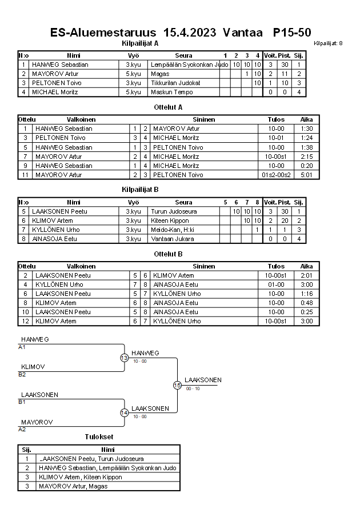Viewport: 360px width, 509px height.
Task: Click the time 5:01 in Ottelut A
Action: pyautogui.click(x=307, y=175)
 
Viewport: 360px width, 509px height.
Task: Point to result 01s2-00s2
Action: pyautogui.click(x=276, y=175)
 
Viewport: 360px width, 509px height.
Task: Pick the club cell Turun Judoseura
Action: pyautogui.click(x=174, y=211)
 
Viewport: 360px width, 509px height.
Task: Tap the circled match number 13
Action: pyautogui.click(x=124, y=358)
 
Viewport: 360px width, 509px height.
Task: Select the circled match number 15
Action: pyautogui.click(x=177, y=386)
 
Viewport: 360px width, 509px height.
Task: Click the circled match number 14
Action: pyautogui.click(x=124, y=413)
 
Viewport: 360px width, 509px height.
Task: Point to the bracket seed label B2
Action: pyautogui.click(x=22, y=375)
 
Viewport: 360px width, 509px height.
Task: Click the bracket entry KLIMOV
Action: pyautogui.click(x=33, y=367)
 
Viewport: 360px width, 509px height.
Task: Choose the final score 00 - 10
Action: pyautogui.click(x=193, y=388)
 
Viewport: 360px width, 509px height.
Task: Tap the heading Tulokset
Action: pyautogui.click(x=99, y=438)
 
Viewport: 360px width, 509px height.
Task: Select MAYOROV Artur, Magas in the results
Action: pyautogui.click(x=73, y=486)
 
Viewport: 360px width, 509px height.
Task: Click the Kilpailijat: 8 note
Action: pyautogui.click(x=328, y=43)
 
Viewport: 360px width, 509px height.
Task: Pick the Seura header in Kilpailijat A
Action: pyautogui.click(x=183, y=55)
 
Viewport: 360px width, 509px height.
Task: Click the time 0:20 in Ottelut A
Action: pyautogui.click(x=307, y=166)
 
